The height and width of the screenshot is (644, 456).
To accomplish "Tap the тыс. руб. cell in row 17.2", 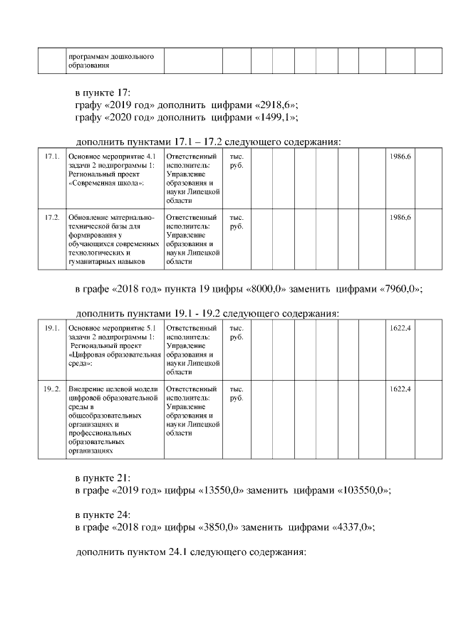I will [236, 221].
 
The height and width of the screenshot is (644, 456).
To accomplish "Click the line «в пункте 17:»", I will [103, 93].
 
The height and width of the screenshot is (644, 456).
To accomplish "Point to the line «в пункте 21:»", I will [103, 478].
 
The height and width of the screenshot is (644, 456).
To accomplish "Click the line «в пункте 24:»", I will [103, 514].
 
